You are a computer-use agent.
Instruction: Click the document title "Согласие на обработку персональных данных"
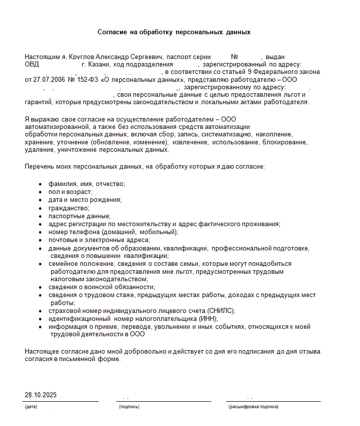174,32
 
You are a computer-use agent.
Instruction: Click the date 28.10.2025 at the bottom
41,395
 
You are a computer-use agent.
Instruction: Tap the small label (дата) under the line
30,407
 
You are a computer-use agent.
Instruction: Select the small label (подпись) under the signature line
129,407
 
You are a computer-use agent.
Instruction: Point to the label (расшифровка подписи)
253,407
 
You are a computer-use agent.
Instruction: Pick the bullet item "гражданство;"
69,208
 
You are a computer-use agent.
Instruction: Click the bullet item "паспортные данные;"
79,216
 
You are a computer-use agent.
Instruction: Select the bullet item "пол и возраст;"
70,192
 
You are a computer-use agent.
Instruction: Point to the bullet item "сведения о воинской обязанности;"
102,287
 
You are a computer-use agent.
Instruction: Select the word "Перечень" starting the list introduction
39,167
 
